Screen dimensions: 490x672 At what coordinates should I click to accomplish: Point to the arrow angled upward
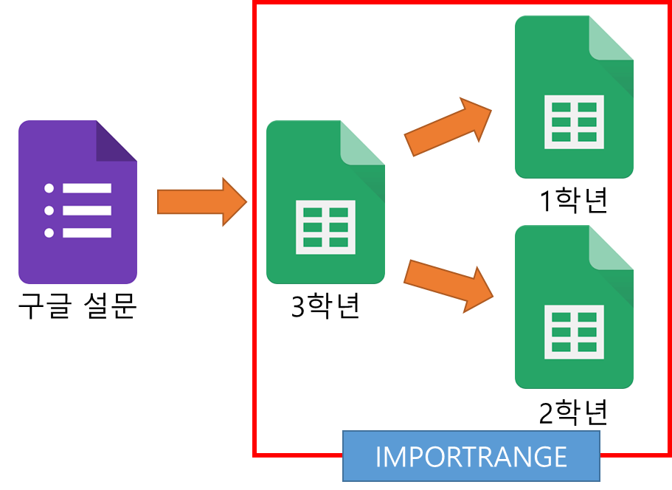tap(448, 126)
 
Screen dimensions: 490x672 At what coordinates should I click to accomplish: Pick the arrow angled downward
tap(448, 284)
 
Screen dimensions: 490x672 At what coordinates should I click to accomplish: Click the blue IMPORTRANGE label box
tap(471, 456)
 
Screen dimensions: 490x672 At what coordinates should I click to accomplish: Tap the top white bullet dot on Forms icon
tap(49, 188)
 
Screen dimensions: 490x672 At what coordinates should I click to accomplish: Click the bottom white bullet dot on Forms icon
tap(49, 233)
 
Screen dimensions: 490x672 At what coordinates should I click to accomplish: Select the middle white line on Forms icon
tap(87, 211)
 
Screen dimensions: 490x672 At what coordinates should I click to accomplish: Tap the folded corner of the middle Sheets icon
tap(363, 142)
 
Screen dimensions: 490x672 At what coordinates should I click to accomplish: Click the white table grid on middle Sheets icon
tap(325, 227)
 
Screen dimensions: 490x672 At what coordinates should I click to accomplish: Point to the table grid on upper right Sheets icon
tap(573, 122)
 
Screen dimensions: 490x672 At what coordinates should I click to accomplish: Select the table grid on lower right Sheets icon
tap(573, 331)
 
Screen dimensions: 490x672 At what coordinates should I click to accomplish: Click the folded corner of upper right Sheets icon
tap(611, 38)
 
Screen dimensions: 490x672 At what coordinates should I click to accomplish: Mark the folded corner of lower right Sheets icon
tap(611, 248)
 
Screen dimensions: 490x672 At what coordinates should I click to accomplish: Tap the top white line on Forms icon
tap(87, 188)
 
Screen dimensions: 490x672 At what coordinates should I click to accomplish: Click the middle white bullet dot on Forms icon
tap(49, 211)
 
